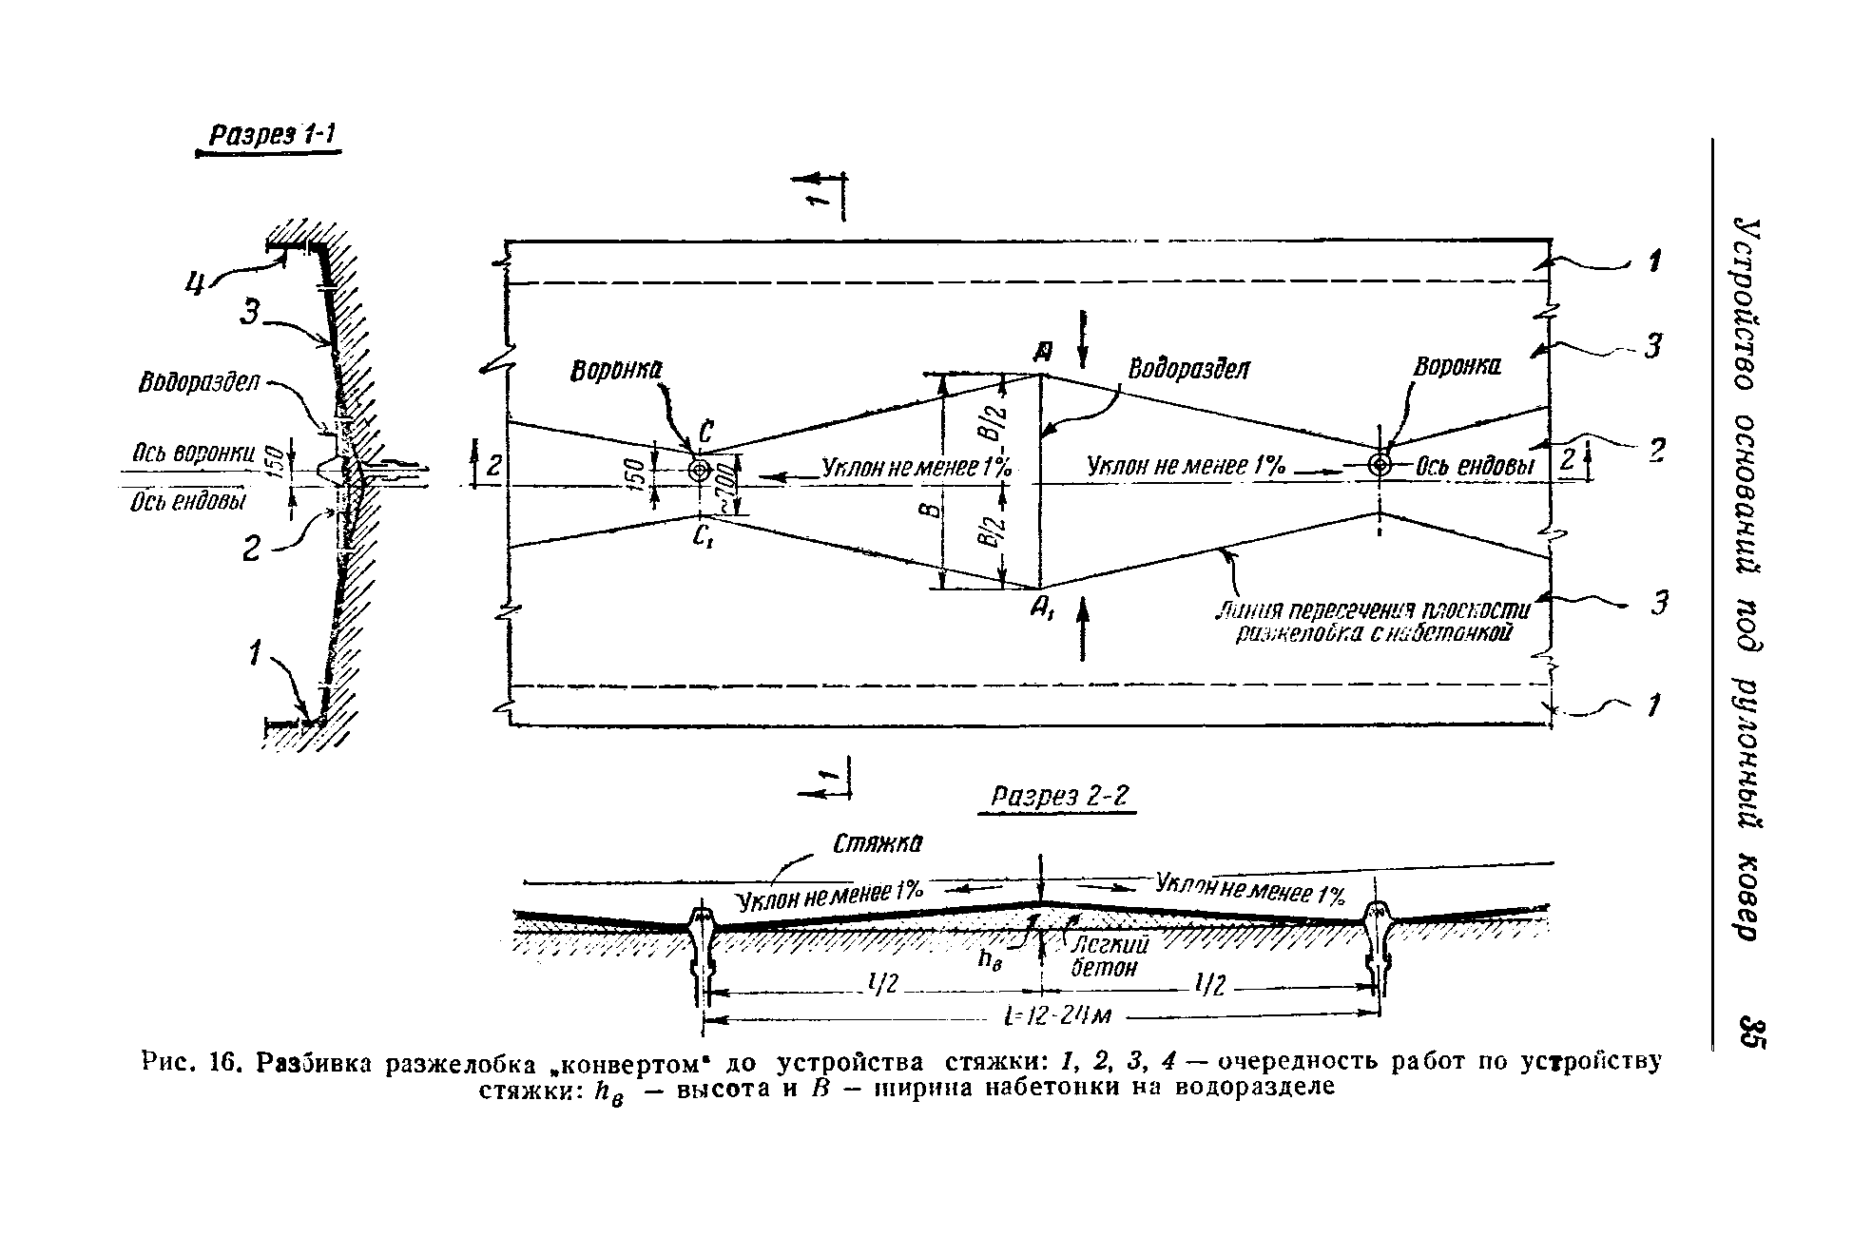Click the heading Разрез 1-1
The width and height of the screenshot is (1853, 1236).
[267, 135]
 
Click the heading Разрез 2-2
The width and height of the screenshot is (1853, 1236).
[1058, 796]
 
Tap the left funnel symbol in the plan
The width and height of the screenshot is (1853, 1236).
[700, 470]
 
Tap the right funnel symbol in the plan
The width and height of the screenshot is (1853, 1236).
[1379, 464]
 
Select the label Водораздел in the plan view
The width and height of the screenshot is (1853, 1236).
[1188, 369]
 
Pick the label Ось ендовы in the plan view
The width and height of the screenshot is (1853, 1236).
[1476, 465]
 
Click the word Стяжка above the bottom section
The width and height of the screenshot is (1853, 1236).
[878, 844]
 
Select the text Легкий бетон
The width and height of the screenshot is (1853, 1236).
[1109, 956]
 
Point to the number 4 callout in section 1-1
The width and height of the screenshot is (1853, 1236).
[197, 283]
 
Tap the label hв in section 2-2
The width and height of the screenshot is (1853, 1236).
[991, 960]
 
